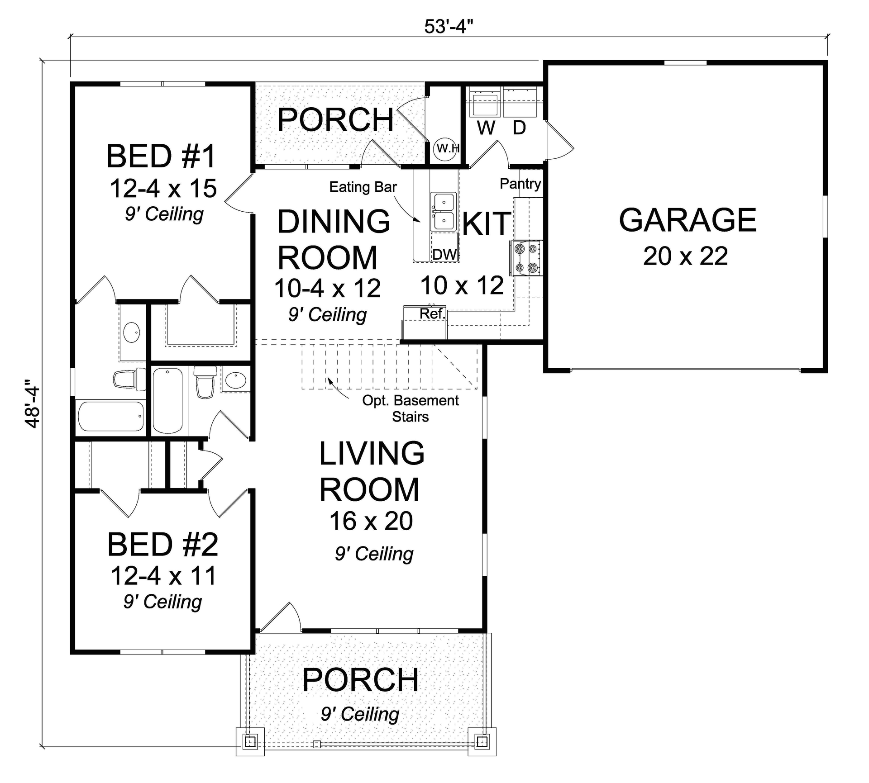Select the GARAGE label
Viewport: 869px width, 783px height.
tap(687, 220)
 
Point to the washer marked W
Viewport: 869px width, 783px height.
tap(485, 107)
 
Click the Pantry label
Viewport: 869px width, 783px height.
tap(520, 184)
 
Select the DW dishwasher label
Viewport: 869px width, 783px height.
tap(444, 255)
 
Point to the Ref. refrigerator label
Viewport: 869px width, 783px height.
tap(432, 313)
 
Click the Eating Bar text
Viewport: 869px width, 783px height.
tap(363, 187)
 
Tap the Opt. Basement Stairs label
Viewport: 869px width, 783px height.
tap(410, 408)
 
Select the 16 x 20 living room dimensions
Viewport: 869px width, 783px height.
tap(371, 521)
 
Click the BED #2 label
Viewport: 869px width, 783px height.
tap(163, 545)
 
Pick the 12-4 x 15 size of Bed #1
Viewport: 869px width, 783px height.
tap(163, 189)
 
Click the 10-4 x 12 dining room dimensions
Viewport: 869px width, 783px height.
tap(327, 288)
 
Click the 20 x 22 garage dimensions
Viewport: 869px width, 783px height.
tap(685, 256)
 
